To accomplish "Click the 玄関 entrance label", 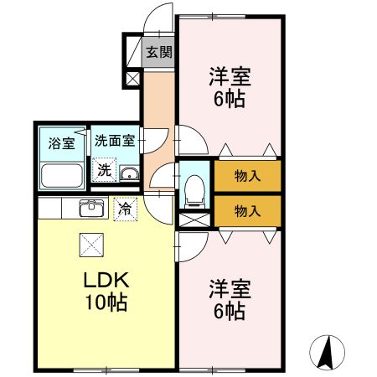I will (x=158, y=52).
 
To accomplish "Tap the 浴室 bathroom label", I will (x=61, y=142).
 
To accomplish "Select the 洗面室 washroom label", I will (x=113, y=142).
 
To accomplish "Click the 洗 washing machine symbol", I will (x=104, y=170).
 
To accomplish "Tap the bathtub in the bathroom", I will (x=61, y=176).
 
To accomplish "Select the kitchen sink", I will (x=90, y=208).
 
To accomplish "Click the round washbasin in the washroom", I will (x=130, y=174).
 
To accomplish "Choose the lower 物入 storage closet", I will (x=246, y=210).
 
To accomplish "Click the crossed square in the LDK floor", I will (x=90, y=244).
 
